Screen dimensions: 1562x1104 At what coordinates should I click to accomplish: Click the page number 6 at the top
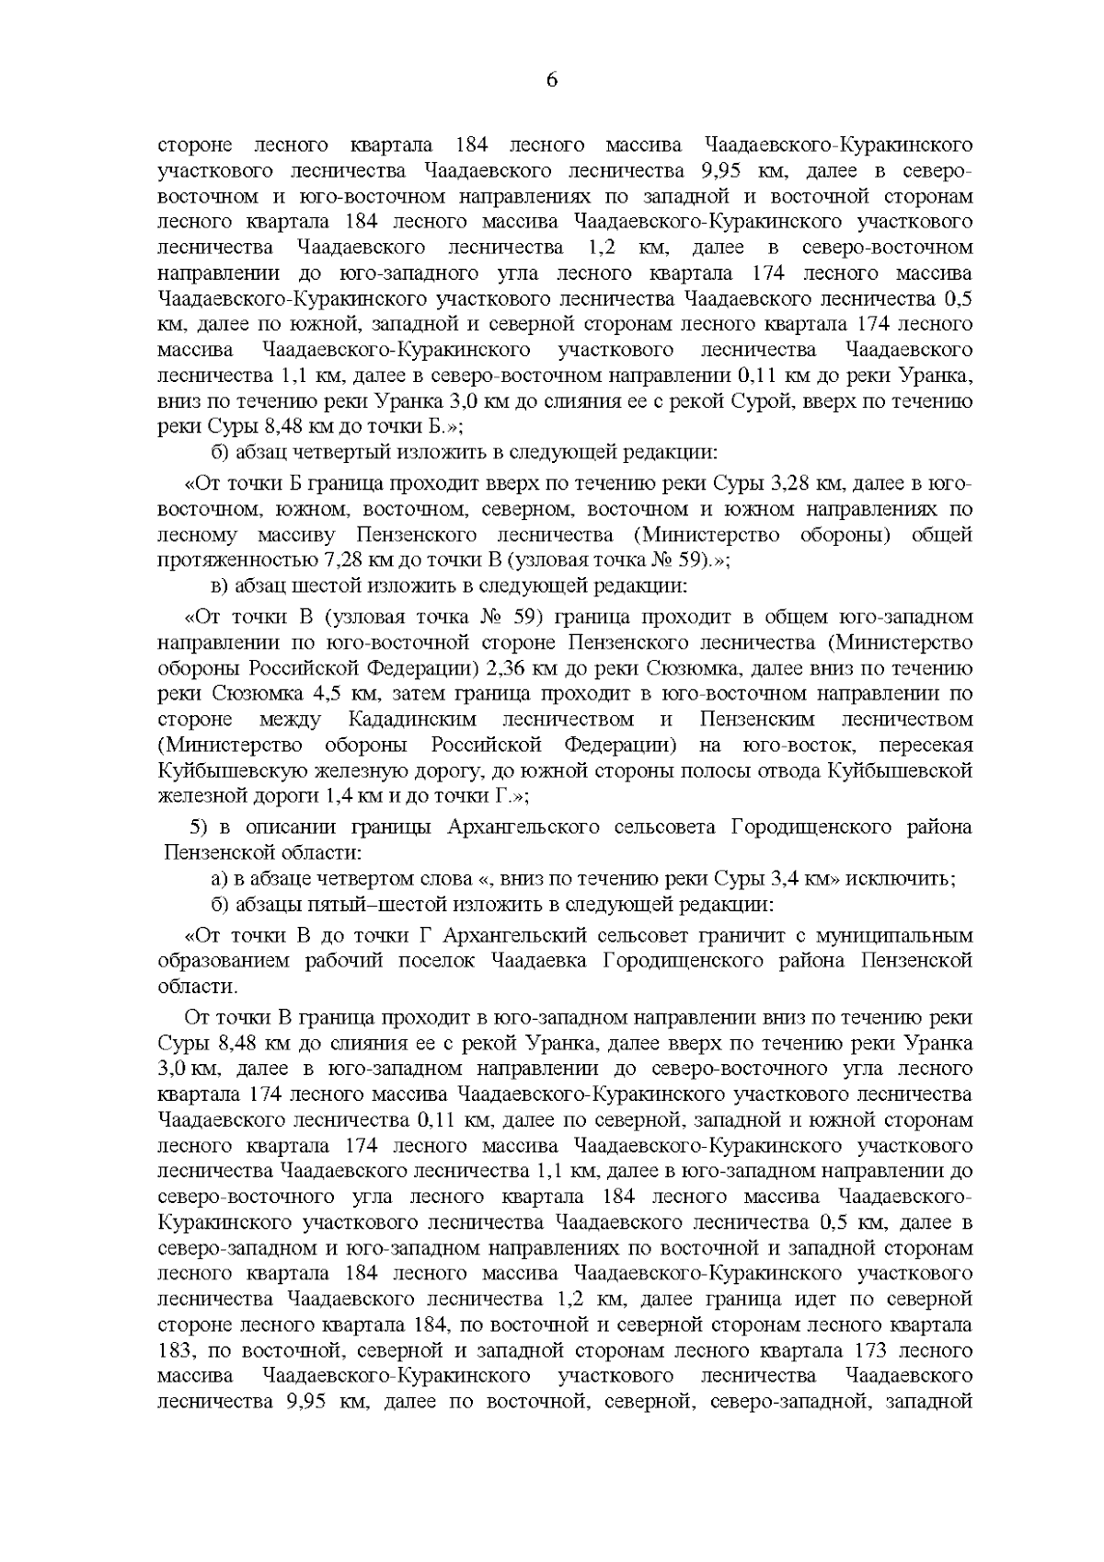coord(551,80)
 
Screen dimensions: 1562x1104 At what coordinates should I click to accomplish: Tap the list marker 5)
coord(202,827)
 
